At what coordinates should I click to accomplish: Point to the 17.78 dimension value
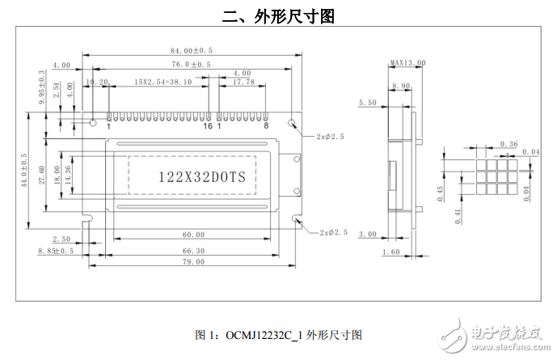[243, 82]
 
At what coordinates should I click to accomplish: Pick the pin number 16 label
[208, 126]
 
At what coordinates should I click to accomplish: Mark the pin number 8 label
[266, 126]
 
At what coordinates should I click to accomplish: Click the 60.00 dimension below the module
[193, 235]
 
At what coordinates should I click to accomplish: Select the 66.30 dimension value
[193, 249]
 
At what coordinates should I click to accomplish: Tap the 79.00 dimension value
[192, 263]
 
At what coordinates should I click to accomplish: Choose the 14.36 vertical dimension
[68, 176]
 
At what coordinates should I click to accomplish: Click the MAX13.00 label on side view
[407, 62]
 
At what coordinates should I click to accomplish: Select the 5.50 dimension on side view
[367, 103]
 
